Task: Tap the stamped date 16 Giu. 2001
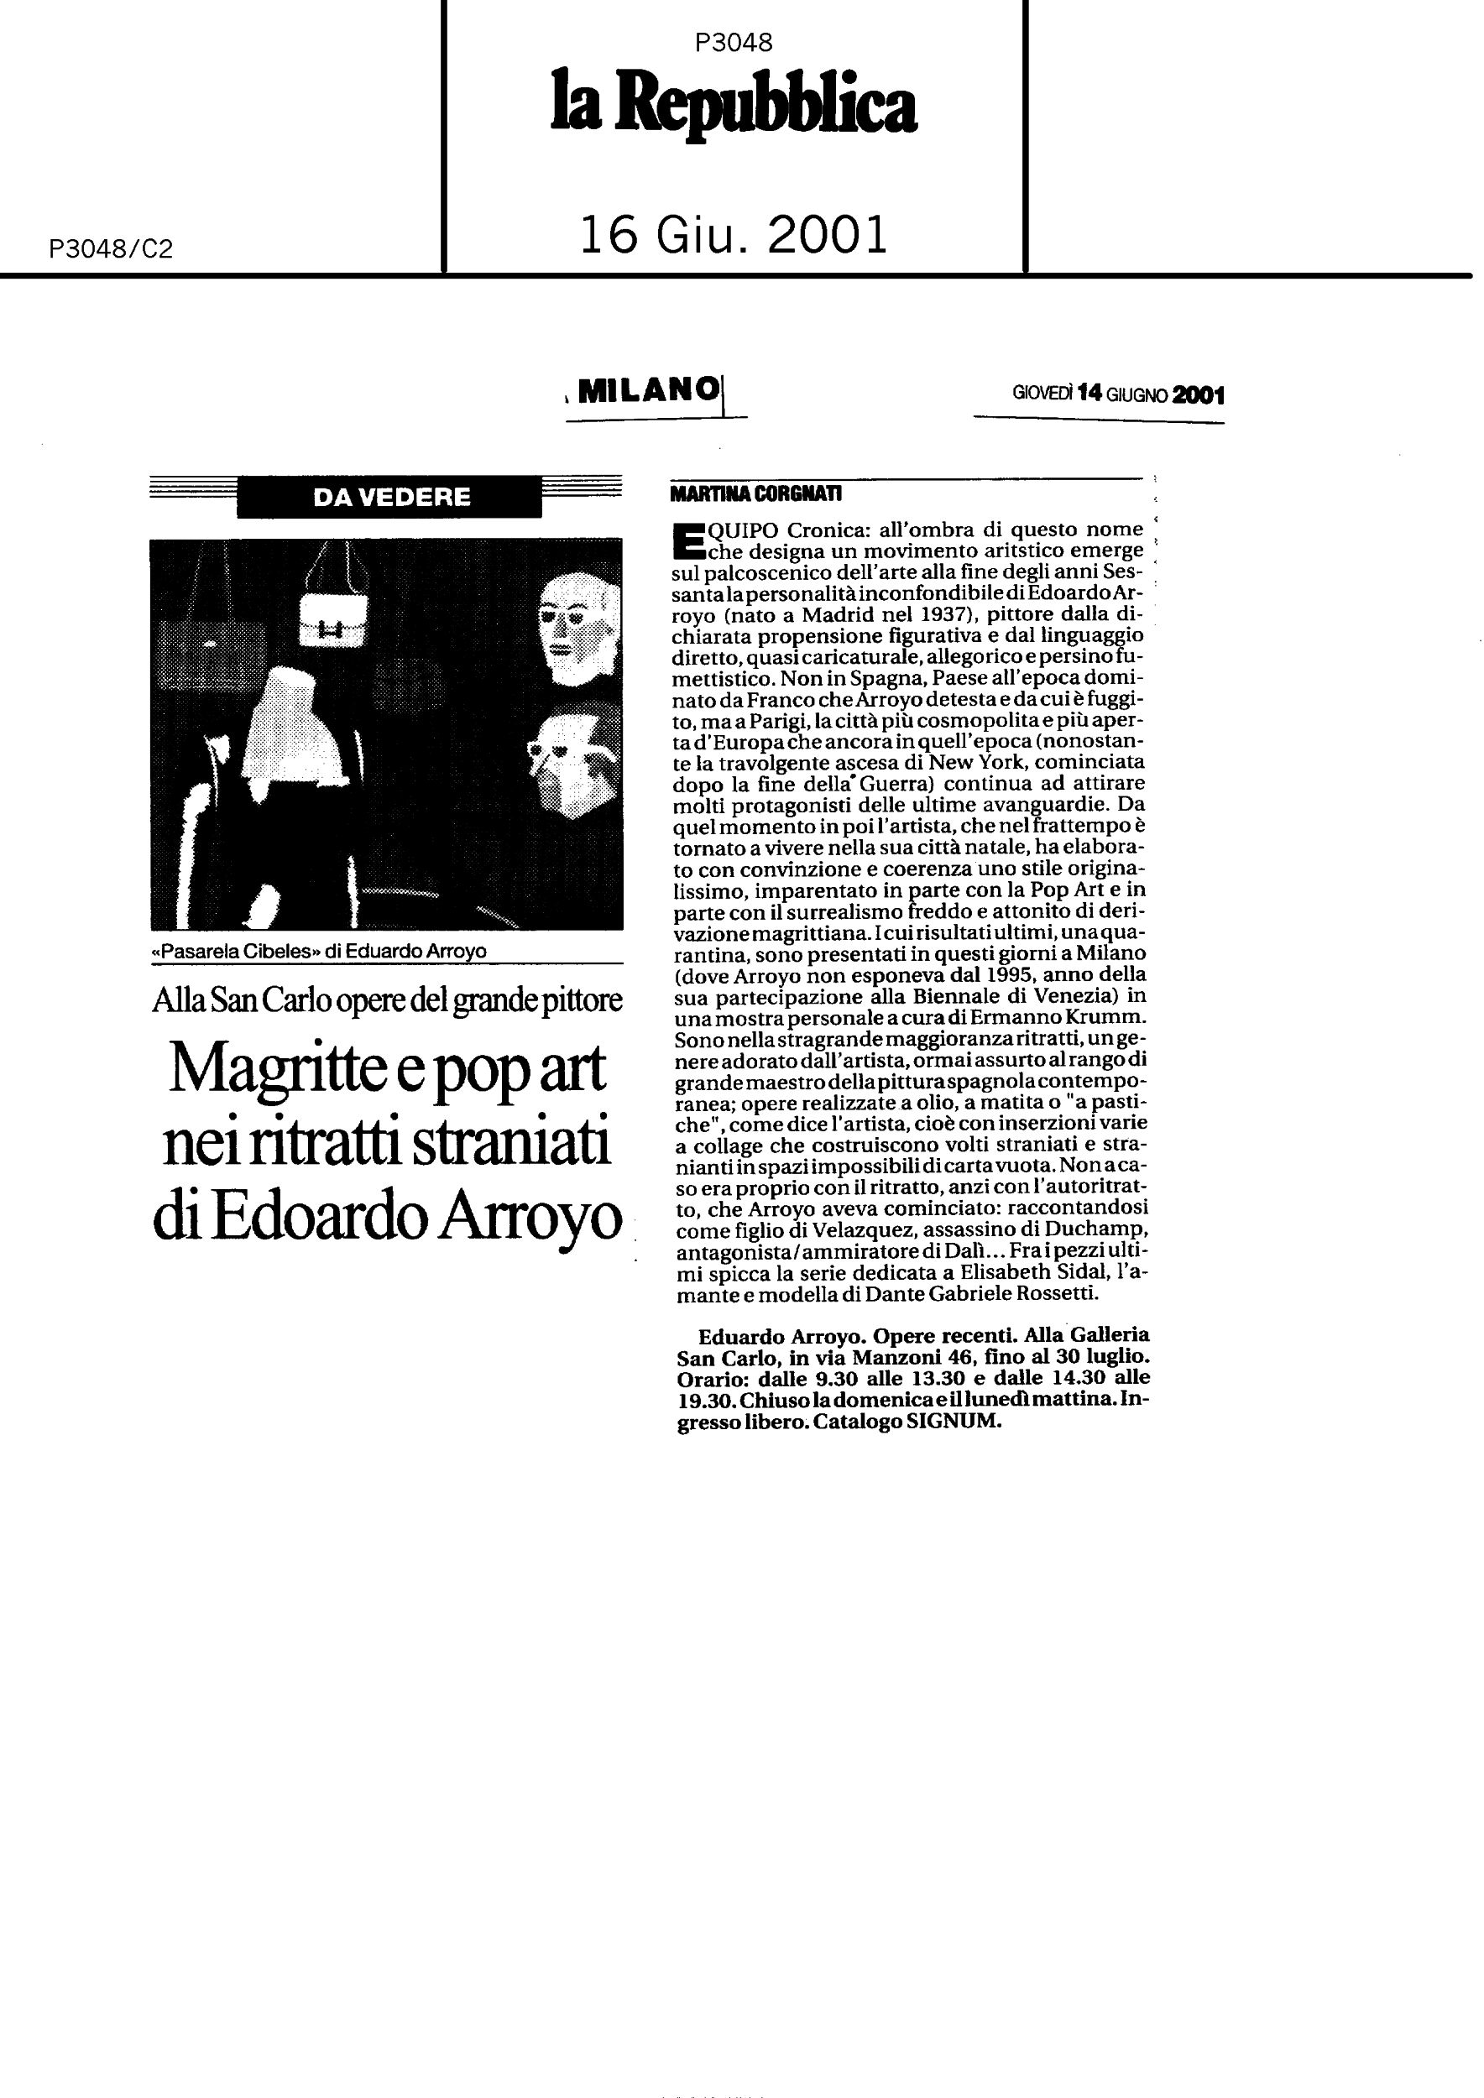pyautogui.click(x=734, y=235)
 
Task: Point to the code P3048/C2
pyautogui.click(x=111, y=248)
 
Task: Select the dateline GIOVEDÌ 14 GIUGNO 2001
pyautogui.click(x=1117, y=394)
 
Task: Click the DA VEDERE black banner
pyautogui.click(x=390, y=497)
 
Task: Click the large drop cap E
pyautogui.click(x=687, y=539)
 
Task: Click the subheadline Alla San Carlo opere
pyautogui.click(x=387, y=1000)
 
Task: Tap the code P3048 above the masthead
pyautogui.click(x=733, y=42)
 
